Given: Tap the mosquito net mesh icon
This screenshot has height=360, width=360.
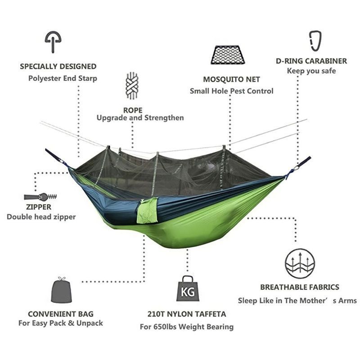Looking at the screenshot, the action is [228, 55].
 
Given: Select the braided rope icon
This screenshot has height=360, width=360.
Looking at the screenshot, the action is [132, 85].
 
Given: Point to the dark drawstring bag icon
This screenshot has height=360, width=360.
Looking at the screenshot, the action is [61, 290].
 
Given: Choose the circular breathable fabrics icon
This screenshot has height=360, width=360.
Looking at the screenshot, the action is [300, 263].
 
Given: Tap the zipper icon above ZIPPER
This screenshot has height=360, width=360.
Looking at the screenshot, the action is [40, 197].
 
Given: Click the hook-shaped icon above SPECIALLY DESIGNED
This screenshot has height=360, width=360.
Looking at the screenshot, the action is [53, 42].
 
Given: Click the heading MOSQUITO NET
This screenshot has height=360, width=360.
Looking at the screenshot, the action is [231, 80].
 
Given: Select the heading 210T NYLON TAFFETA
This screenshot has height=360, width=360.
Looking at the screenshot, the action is [187, 314].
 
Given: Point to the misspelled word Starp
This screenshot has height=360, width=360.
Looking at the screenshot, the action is [88, 78].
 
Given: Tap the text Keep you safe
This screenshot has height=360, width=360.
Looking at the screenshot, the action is [311, 71].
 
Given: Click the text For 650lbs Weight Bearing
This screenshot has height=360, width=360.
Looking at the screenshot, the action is [187, 327].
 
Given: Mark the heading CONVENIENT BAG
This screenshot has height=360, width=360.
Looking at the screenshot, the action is [61, 314].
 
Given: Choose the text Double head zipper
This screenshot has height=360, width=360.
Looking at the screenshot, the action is [41, 217].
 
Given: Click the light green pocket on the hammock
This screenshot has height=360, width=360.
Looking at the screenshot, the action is [147, 211].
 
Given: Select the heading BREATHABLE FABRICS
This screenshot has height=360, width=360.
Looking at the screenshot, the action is [300, 287].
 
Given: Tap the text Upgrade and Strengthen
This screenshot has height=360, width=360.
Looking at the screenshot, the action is [140, 118].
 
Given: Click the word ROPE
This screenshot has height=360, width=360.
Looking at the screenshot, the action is [133, 110].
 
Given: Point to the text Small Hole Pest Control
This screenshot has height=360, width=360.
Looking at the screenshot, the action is [231, 91].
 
